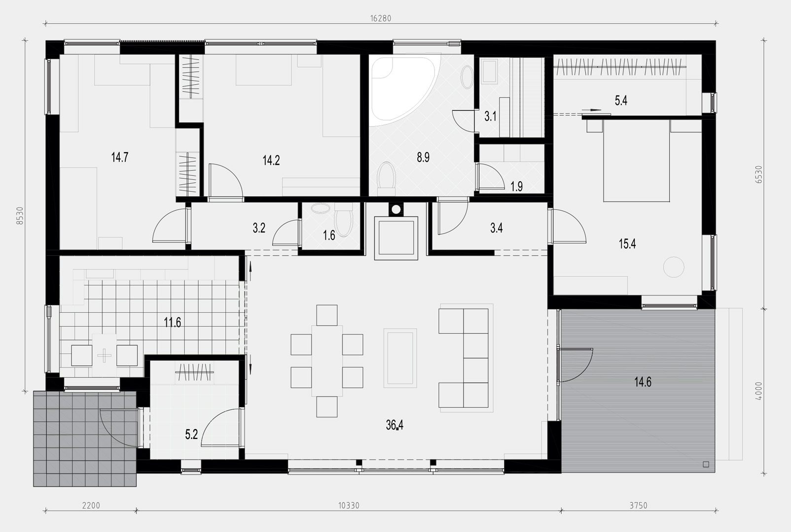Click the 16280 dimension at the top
pos(381,18)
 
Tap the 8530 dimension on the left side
pos(20,216)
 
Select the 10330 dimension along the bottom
pos(349,505)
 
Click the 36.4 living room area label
pos(395,425)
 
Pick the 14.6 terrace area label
pos(643,382)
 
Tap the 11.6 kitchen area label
pos(172,322)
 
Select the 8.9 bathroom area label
pos(423,157)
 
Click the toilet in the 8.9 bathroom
pos(386,179)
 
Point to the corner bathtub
pos(402,88)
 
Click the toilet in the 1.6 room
pos(344,219)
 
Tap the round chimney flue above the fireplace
pos(396,209)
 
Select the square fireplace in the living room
pos(396,238)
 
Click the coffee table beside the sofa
pos(400,358)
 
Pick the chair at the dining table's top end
pos(326,315)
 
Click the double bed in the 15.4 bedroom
pos(637,161)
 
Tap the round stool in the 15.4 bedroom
pos(674,267)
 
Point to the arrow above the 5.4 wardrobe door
pos(591,110)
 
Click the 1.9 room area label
pos(517,186)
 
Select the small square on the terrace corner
pos(706,464)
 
